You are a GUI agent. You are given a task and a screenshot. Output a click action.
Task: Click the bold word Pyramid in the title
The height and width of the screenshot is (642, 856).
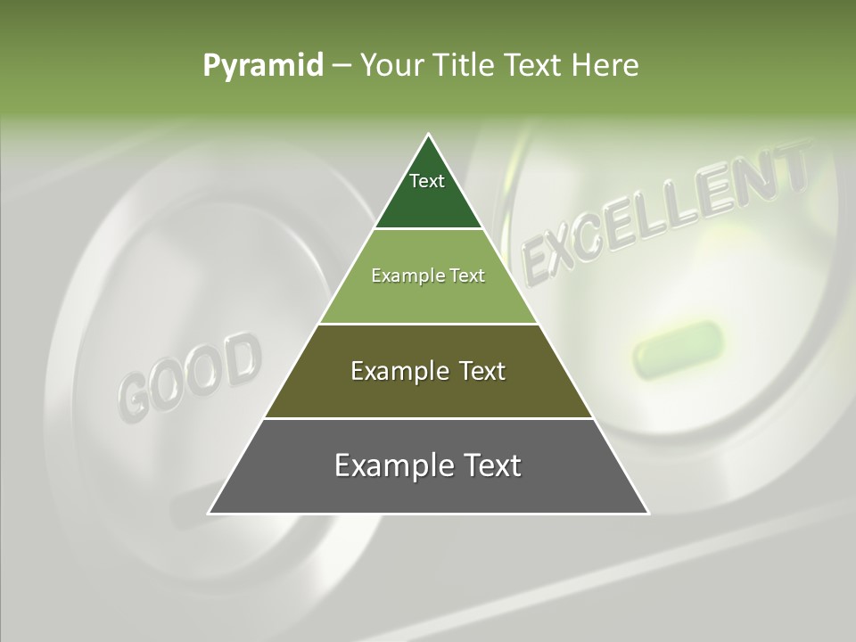tap(263, 66)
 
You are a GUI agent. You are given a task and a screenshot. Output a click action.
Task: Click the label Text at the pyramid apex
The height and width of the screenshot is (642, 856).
tap(427, 181)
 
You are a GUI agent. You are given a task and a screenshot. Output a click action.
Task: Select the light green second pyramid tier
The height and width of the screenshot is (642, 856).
tap(428, 294)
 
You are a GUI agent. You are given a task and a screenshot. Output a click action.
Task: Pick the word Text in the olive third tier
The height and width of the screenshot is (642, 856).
tap(477, 371)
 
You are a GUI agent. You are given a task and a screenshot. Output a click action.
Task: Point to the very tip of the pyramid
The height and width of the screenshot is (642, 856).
tap(428, 136)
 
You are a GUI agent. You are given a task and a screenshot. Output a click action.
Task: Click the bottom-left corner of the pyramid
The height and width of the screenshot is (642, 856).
tap(210, 513)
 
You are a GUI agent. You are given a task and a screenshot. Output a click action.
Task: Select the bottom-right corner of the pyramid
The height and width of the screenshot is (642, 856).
tap(647, 513)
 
